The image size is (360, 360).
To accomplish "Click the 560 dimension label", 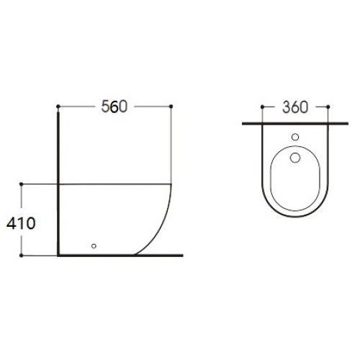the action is pyautogui.click(x=114, y=107).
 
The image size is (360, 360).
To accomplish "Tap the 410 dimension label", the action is pyautogui.click(x=21, y=223).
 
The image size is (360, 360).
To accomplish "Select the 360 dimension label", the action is pyautogui.click(x=295, y=107).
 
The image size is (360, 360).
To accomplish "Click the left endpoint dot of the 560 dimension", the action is pyautogui.click(x=58, y=107).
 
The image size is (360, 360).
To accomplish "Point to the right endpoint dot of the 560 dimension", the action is pyautogui.click(x=171, y=107).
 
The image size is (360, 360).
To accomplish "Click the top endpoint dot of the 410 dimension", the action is pyautogui.click(x=21, y=184).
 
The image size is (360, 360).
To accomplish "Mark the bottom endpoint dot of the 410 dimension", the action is pyautogui.click(x=21, y=256).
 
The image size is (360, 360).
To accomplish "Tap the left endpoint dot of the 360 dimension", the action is pyautogui.click(x=262, y=107).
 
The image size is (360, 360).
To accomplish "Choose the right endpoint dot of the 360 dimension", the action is pyautogui.click(x=328, y=107).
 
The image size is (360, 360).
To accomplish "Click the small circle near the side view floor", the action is pyautogui.click(x=94, y=246).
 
